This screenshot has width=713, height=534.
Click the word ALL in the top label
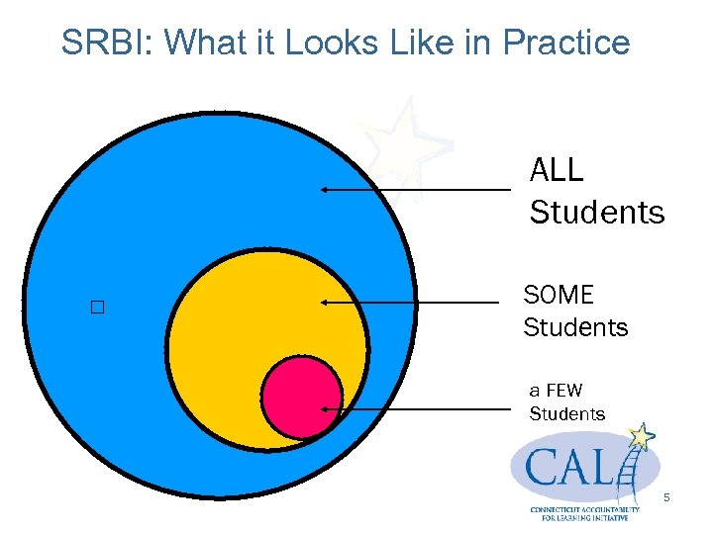(557, 170)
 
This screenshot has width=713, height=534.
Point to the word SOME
(559, 295)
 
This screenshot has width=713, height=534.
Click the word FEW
(564, 391)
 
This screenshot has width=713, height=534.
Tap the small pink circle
(301, 397)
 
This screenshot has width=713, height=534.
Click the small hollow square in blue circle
(96, 308)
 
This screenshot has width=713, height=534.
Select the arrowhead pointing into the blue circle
(324, 189)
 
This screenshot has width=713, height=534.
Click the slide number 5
(666, 497)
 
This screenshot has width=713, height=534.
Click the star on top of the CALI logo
(643, 435)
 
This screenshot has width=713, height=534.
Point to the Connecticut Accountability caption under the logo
(584, 513)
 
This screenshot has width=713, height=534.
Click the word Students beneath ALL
(597, 212)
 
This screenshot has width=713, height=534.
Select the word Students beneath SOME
(575, 327)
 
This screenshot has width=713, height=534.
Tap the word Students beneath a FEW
(566, 413)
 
